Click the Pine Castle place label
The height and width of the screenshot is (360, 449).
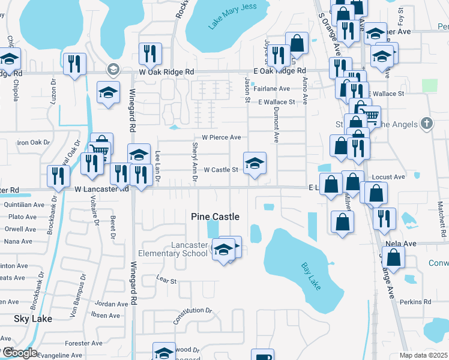[215, 217]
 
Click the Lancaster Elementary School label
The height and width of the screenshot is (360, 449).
[173, 249]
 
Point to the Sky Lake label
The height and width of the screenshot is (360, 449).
[33, 319]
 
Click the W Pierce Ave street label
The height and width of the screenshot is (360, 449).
[221, 137]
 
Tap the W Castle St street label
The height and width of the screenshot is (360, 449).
[221, 170]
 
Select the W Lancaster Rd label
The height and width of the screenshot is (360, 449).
[101, 188]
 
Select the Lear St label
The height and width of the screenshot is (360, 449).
[166, 280]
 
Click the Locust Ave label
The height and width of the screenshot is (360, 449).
[388, 177]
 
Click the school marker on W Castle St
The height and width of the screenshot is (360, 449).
[255, 163]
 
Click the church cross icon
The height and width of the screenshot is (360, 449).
[426, 123]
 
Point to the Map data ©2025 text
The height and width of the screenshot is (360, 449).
[423, 355]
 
